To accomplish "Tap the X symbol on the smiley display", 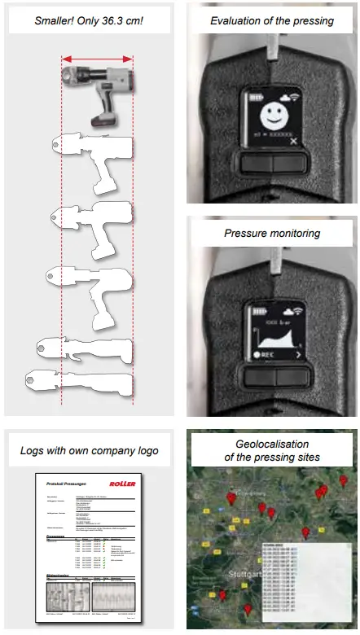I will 292,141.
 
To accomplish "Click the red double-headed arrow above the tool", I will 97,59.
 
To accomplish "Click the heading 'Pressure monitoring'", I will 272,233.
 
